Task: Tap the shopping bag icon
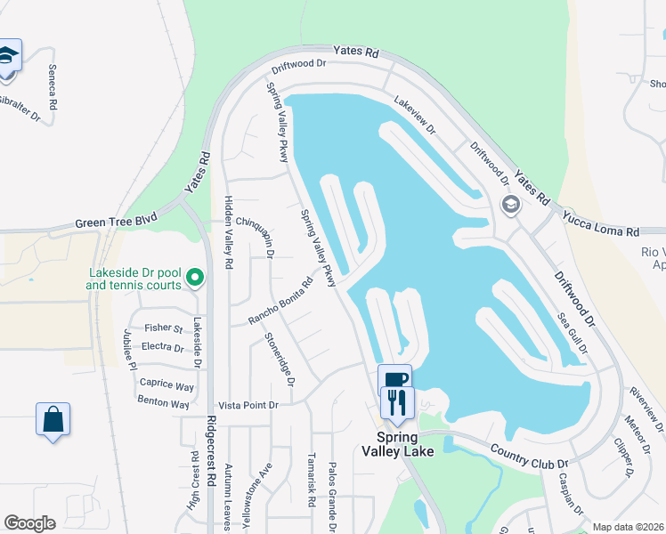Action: tap(53, 418)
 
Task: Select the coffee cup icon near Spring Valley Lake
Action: tap(395, 378)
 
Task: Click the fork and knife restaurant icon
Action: tap(397, 401)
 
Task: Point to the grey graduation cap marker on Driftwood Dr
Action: tap(511, 206)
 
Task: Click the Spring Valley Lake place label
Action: tap(405, 444)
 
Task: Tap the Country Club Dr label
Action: tap(529, 453)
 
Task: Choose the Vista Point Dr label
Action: tap(249, 405)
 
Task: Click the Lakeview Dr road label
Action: tap(416, 116)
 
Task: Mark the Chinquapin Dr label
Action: tap(254, 237)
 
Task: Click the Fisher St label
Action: tap(163, 329)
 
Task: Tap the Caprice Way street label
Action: tap(166, 386)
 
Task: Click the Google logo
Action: tap(29, 523)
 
